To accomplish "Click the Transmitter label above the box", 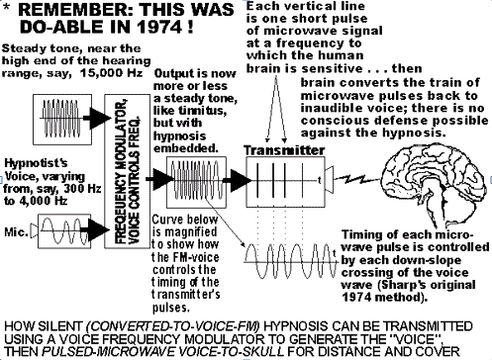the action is tap(284, 150).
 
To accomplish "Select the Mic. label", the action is tap(16, 231).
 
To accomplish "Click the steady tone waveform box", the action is tap(62, 119).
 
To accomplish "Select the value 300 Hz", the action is tap(82, 189).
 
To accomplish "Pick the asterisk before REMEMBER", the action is tap(7, 8).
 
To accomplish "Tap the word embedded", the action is tap(186, 148).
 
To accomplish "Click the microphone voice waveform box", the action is tap(64, 231).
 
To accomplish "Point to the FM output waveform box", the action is tap(196, 182).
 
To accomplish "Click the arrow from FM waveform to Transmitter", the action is tap(237, 180).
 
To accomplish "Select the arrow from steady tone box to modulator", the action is tap(96, 118).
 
